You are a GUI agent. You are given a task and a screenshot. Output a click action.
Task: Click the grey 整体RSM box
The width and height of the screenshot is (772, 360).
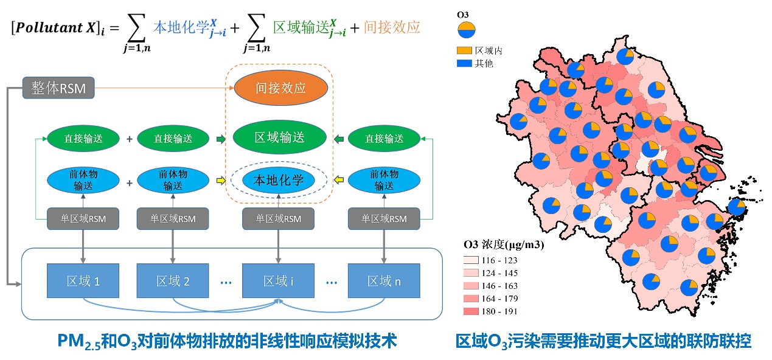[x=59, y=89]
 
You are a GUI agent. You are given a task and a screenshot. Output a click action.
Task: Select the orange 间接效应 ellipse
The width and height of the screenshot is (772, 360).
[x=280, y=88]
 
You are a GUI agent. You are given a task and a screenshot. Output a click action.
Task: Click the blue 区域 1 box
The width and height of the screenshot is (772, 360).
[x=82, y=281]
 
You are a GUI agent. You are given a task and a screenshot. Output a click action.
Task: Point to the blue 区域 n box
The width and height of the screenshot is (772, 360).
[x=384, y=281]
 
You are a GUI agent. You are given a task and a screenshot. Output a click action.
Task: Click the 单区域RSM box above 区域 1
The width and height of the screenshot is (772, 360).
[x=81, y=219]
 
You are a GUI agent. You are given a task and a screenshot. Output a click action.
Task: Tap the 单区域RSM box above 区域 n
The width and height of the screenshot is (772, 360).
[x=384, y=219]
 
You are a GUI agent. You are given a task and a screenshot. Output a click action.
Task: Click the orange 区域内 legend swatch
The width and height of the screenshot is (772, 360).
[x=464, y=51]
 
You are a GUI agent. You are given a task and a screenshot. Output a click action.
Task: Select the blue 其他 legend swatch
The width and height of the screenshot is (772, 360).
[x=464, y=63]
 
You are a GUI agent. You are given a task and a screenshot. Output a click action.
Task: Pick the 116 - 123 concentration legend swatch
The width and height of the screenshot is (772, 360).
[x=470, y=260]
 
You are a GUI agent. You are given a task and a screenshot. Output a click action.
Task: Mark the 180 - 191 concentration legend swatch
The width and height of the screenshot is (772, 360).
[x=470, y=311]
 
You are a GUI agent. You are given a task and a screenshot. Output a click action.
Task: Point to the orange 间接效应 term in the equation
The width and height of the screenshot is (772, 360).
[x=392, y=27]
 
